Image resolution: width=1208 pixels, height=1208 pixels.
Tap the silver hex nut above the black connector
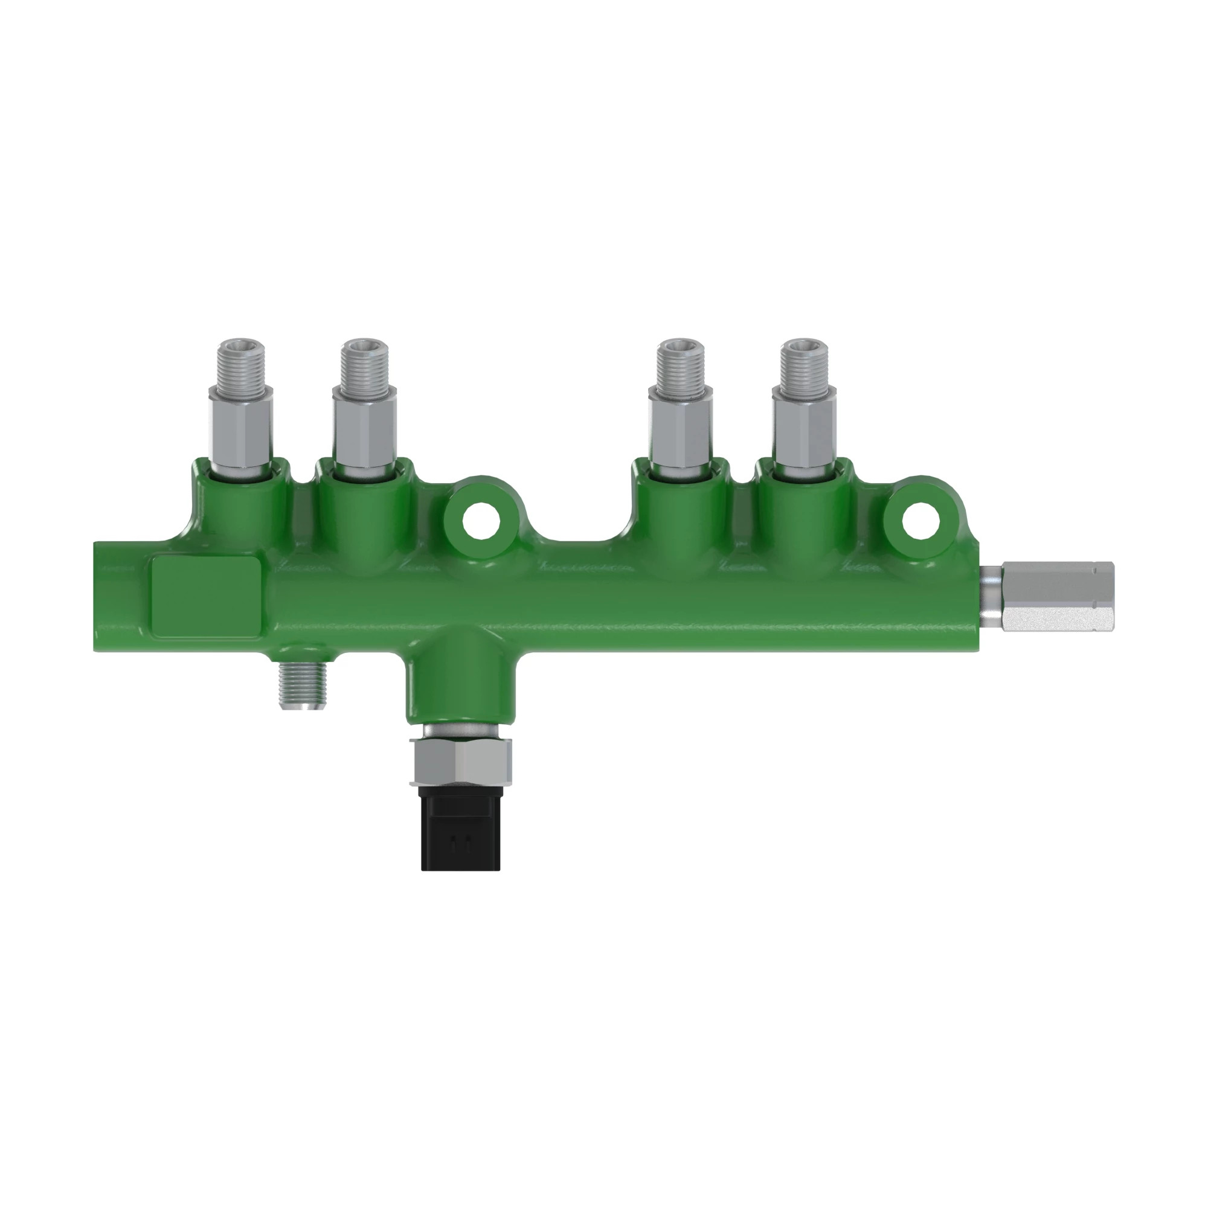pos(461,760)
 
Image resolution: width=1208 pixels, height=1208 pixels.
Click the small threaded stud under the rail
pos(303,686)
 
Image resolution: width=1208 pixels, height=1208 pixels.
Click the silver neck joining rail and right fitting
pos(990,597)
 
